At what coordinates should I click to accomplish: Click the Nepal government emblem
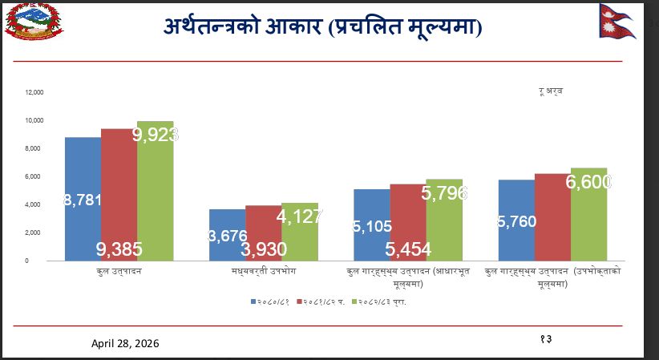(x=34, y=22)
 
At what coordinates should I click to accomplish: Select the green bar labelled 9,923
(x=155, y=192)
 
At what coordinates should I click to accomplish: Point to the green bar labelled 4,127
(x=299, y=233)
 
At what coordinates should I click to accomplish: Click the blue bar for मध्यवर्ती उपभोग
(x=227, y=236)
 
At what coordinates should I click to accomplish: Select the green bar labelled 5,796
(x=443, y=220)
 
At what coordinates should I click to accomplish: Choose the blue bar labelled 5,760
(x=516, y=220)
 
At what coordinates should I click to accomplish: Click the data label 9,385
(x=119, y=249)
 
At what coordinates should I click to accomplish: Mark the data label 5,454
(x=408, y=249)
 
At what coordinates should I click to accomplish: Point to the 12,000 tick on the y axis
(x=34, y=92)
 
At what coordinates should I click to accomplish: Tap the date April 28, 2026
(x=125, y=343)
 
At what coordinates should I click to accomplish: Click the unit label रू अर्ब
(x=551, y=91)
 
